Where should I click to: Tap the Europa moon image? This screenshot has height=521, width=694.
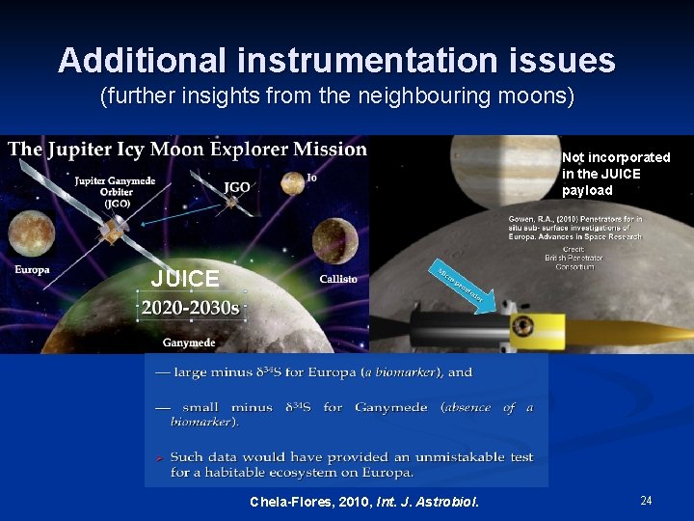coord(31,235)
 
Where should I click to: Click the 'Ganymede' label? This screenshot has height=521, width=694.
coord(189,343)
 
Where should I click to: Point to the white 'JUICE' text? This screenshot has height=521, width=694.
coord(185,280)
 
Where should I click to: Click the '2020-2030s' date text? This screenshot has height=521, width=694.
coord(190,309)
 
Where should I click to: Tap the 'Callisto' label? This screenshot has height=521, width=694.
coord(337,279)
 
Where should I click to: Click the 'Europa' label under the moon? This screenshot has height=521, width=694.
coord(32,270)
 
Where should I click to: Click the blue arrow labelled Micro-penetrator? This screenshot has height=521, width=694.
coord(466,284)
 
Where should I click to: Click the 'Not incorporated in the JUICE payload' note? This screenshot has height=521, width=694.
coord(616,174)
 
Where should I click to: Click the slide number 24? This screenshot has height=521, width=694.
coord(646,500)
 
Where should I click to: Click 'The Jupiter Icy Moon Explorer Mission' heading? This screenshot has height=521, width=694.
coord(188,149)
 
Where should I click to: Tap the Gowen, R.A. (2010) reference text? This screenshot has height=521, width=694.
coord(575,228)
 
